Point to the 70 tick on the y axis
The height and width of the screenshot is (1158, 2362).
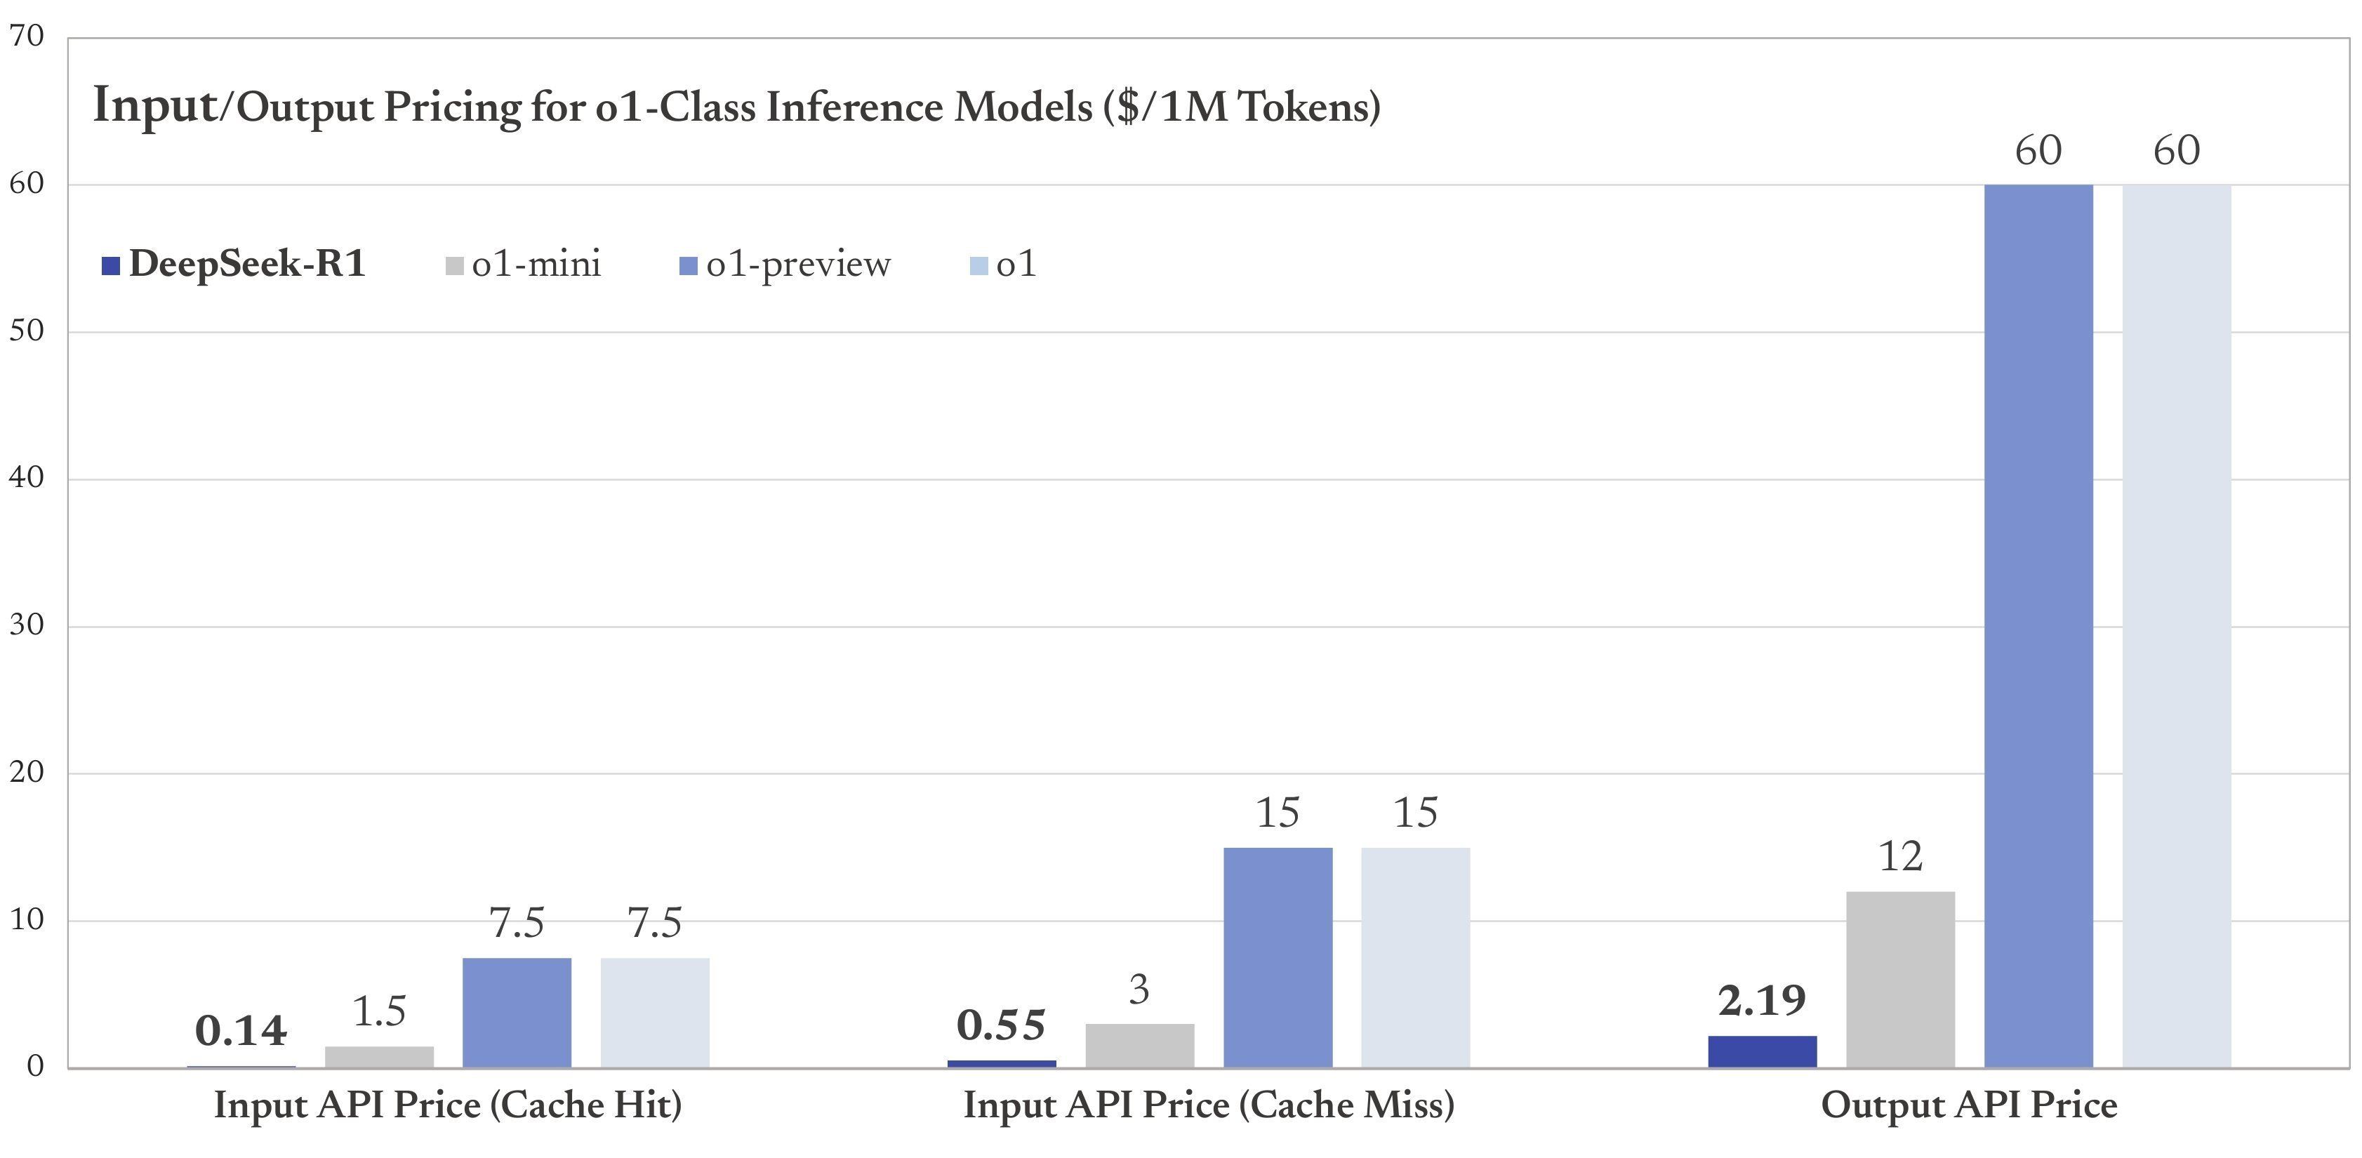point(27,36)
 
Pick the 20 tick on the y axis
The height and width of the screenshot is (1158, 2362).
point(27,772)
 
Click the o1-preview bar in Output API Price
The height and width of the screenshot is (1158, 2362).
point(2038,625)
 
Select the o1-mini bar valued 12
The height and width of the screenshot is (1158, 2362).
point(1900,978)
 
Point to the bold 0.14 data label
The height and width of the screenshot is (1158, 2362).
point(241,1030)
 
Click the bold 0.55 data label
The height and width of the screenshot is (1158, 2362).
point(1000,1025)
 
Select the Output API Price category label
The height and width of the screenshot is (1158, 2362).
point(1969,1105)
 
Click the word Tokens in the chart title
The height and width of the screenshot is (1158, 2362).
point(1302,107)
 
